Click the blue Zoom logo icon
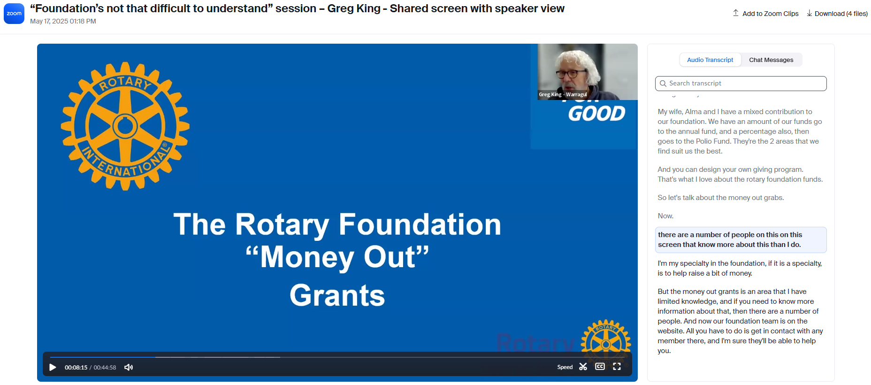coord(14,14)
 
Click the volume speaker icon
coord(129,367)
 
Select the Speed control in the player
coord(565,367)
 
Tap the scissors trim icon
coord(583,367)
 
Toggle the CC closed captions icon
coord(600,367)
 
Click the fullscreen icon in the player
coord(617,367)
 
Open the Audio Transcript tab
coord(710,60)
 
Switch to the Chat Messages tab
coord(771,60)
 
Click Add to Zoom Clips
coord(766,14)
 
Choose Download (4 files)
coord(837,14)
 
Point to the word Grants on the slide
coord(337,295)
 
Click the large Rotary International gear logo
coord(125,126)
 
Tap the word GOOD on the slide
coord(596,114)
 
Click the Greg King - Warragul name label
coord(563,94)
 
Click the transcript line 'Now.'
coord(665,216)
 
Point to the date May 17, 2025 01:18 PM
coord(63,21)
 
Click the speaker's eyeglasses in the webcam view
coord(571,73)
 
